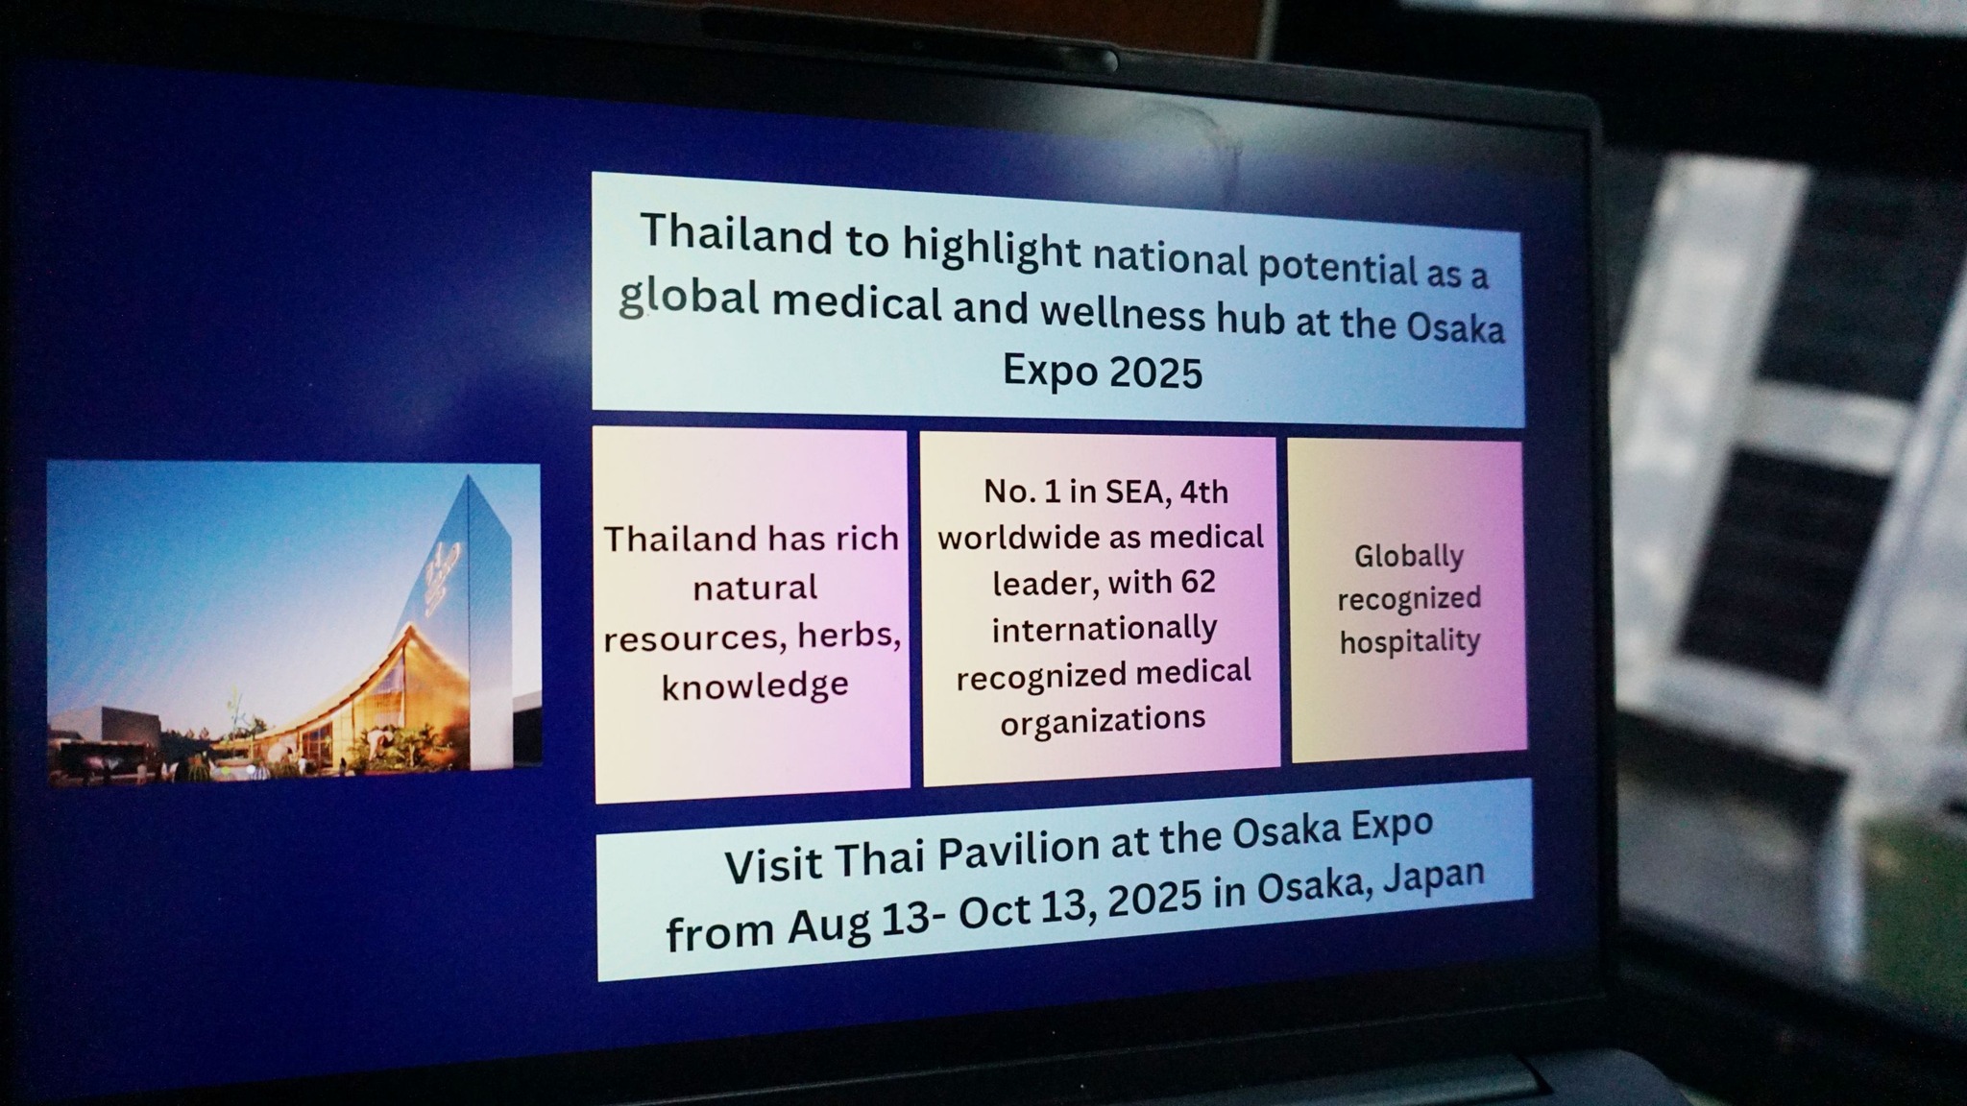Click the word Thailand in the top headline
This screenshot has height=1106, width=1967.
click(737, 235)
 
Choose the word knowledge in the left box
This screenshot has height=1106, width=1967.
click(755, 685)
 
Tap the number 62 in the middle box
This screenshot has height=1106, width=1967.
click(1198, 583)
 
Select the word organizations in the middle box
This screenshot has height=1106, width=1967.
click(1103, 720)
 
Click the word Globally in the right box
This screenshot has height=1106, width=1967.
click(1409, 557)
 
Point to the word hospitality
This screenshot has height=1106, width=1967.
click(1410, 641)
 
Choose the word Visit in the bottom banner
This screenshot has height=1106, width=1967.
click(773, 866)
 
